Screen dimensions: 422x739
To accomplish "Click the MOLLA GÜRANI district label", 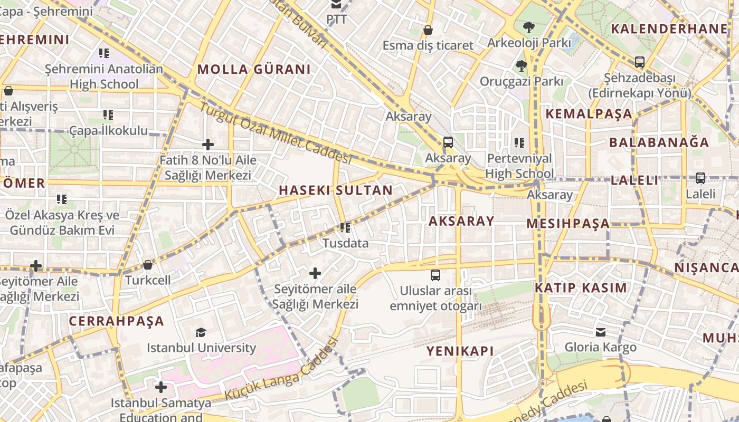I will coord(254,69).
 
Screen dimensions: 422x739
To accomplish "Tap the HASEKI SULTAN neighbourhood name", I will coord(336,190).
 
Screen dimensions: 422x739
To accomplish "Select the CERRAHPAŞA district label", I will coord(117,321).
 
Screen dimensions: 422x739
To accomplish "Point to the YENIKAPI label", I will coord(460,351).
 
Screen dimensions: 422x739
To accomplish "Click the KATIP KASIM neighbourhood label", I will coord(581,288).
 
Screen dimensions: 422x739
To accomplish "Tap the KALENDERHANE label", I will coord(669,29).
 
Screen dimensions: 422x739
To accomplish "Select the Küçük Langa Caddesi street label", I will coord(281,369).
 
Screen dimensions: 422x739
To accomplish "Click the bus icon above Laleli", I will coord(700,178).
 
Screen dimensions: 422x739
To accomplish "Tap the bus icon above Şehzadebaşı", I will coord(640,62).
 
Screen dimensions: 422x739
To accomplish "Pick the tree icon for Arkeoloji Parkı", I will coord(528,27).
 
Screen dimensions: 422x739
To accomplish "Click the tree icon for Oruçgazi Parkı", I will coord(522,66).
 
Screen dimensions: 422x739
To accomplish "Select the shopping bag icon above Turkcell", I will coord(148,265).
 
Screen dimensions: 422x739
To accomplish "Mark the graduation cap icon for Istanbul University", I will coord(201,332).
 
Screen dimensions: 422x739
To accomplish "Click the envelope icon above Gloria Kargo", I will coord(601,332).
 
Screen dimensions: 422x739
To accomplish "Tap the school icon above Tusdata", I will coord(345,228).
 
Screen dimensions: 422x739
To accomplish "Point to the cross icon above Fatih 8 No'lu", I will coord(208,144).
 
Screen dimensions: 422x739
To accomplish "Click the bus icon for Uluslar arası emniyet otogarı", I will coord(435,275).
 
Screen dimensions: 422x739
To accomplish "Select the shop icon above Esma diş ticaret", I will coord(428,30).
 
